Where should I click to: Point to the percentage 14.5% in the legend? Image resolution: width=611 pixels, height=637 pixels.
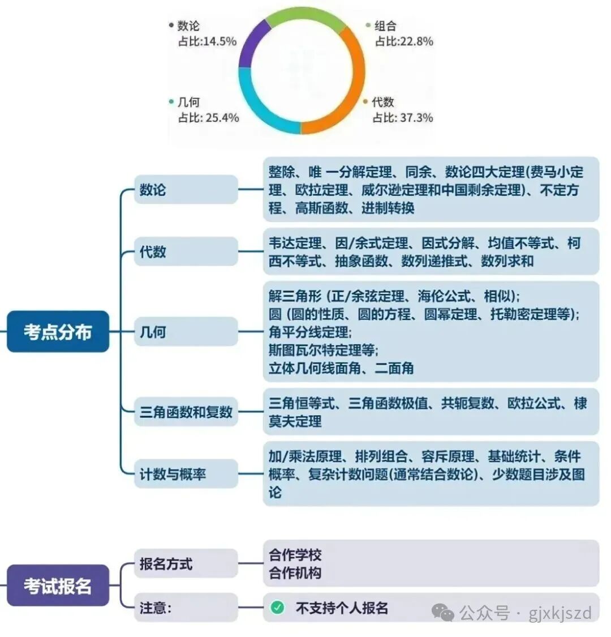click(220, 41)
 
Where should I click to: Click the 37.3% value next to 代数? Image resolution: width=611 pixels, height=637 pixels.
click(416, 118)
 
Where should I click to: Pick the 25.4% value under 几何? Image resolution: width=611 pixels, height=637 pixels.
click(222, 118)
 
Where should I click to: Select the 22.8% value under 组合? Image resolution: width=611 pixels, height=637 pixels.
click(416, 41)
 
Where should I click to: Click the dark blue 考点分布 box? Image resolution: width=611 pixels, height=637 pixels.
click(58, 331)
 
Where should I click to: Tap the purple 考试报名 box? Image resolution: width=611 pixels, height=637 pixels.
click(58, 585)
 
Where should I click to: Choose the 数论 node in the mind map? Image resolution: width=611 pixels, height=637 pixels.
click(186, 189)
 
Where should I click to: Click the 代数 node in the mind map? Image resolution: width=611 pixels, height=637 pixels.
click(186, 251)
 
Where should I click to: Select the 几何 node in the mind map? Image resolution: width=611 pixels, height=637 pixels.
click(186, 331)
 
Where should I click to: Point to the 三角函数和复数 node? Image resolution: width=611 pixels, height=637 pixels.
click(186, 412)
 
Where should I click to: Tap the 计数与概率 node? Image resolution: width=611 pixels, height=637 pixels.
click(186, 474)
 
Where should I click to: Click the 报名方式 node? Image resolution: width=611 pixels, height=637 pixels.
click(186, 563)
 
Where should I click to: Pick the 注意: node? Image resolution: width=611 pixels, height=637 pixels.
click(186, 608)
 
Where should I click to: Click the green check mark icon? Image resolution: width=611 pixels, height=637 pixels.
click(277, 608)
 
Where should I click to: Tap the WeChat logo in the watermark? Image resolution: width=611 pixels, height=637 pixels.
click(443, 613)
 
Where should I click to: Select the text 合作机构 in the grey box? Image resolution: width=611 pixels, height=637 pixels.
click(295, 573)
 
